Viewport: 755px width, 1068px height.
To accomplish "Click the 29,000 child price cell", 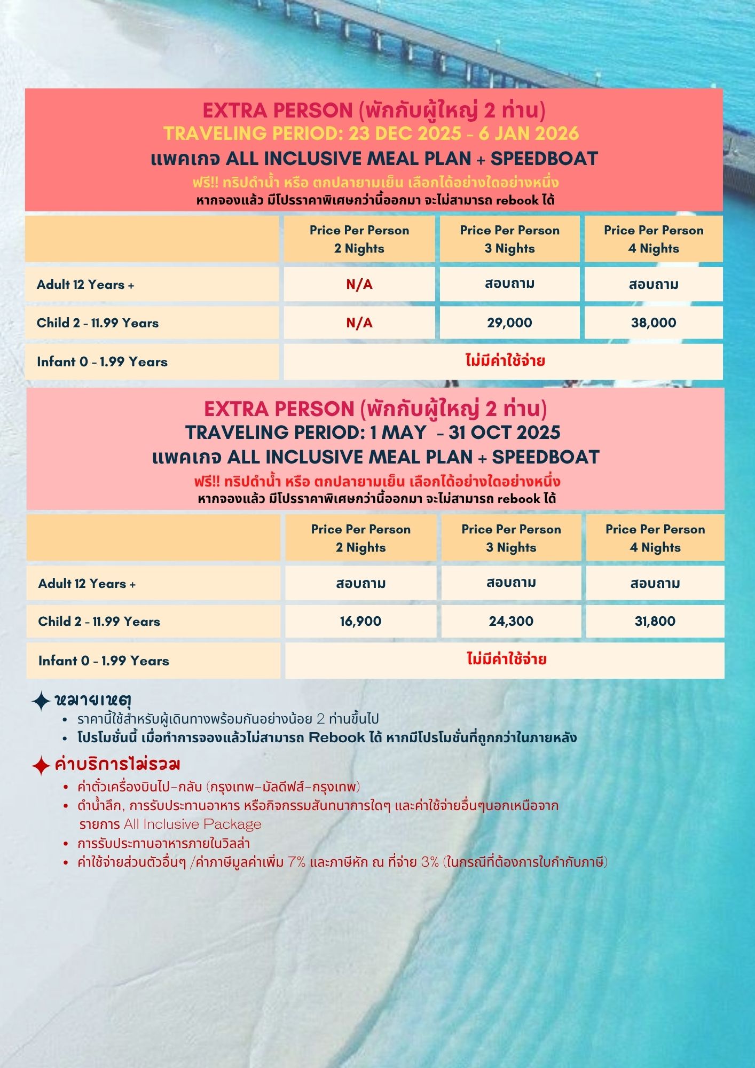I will coord(509,323).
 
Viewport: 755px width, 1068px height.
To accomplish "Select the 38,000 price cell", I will coord(654,323).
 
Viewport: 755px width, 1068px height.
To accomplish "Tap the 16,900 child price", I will coord(360,621).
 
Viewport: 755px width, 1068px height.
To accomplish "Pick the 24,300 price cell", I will coord(511,621).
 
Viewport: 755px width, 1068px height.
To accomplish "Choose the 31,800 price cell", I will coord(655,621).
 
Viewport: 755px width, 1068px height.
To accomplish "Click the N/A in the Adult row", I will coord(359,285).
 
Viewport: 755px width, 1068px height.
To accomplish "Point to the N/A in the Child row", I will coord(359,323).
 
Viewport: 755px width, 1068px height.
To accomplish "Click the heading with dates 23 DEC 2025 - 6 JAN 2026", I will coord(371,133).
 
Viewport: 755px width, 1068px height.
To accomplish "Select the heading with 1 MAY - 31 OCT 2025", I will coord(373,433).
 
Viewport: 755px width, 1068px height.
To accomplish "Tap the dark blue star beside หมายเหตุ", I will coord(41,701).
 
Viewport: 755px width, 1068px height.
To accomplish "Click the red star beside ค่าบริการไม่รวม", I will coord(41,765).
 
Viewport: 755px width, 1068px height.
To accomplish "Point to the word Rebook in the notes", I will coord(337,737).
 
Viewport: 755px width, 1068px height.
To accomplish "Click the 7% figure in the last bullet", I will coord(297,862).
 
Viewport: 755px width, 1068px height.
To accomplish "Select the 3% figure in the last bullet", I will coord(430,862).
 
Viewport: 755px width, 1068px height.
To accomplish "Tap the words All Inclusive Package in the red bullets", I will coord(193,824).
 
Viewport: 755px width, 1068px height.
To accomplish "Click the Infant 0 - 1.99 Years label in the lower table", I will coord(104,661).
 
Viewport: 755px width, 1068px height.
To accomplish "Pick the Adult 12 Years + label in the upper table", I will coord(85,285).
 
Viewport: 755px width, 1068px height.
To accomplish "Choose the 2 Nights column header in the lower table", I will coord(360,538).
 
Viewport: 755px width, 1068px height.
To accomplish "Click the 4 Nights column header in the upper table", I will coord(654,239).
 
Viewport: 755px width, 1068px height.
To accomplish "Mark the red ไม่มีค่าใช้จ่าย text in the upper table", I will coord(505,361).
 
